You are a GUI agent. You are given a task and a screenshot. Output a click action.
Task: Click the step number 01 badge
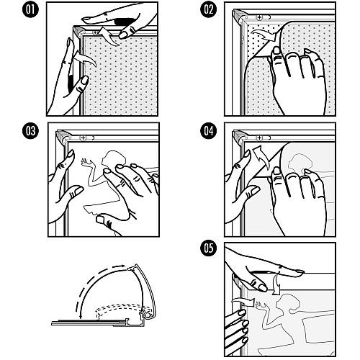tap(30, 10)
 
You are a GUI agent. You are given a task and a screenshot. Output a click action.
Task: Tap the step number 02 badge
tap(209, 10)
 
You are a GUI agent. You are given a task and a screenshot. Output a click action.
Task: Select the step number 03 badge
tap(30, 131)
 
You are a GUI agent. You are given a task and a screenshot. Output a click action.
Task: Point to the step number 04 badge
tap(209, 131)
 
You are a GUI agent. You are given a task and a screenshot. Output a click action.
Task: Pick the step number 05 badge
tap(209, 248)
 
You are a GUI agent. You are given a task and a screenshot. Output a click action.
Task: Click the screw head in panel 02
tap(259, 17)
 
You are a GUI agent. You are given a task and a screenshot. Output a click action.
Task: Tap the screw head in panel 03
tap(83, 138)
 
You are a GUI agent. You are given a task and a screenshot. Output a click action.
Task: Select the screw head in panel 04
tap(259, 138)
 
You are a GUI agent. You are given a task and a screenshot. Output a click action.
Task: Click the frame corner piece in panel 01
tap(78, 31)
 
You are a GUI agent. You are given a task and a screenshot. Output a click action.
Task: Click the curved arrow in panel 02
tap(265, 35)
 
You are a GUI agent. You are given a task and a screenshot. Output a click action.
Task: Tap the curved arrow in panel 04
tap(261, 156)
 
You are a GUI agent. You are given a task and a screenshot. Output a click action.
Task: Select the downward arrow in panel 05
tap(277, 284)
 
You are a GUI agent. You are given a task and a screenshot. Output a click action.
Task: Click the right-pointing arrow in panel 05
tap(243, 301)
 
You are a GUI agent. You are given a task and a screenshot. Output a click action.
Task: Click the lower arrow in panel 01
tap(84, 58)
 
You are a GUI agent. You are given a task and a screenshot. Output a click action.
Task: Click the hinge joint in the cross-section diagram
tap(146, 314)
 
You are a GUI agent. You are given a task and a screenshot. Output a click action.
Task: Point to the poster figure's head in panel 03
tap(113, 158)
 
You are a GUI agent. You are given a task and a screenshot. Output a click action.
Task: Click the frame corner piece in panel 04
tap(239, 136)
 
